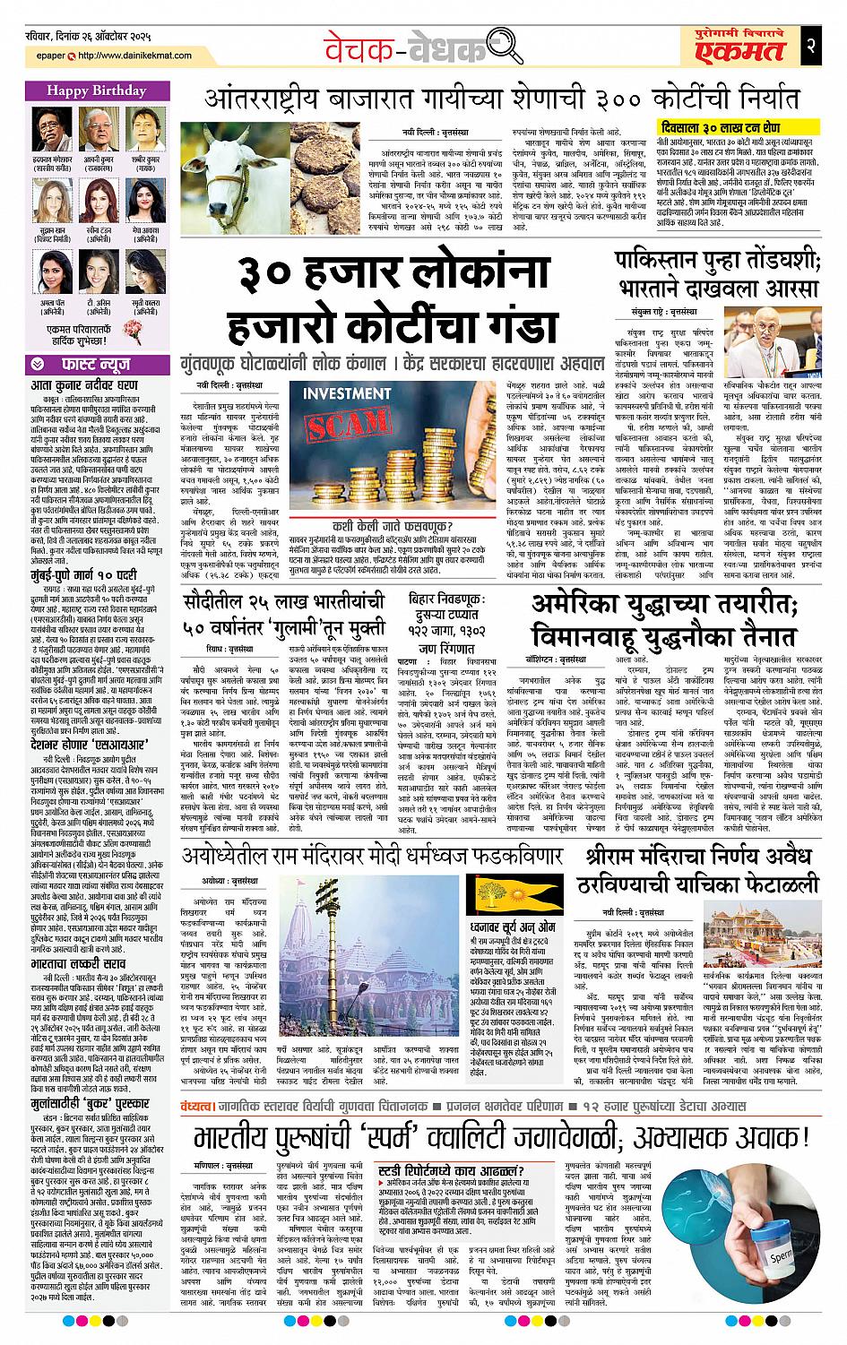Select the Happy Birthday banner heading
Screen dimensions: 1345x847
(x=86, y=91)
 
